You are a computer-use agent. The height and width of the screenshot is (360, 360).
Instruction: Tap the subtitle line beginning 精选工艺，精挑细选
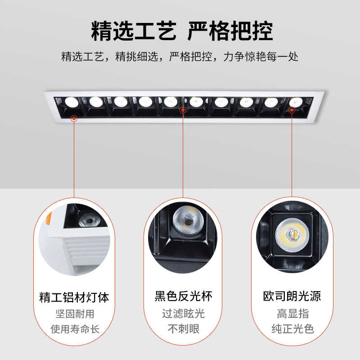(x=180, y=57)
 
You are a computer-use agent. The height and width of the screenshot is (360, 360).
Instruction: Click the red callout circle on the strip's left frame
(x=74, y=118)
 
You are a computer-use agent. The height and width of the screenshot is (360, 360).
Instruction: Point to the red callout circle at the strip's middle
(x=183, y=110)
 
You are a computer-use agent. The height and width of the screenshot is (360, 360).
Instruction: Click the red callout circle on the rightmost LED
(x=291, y=109)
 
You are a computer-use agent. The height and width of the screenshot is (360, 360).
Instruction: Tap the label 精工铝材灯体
(x=74, y=297)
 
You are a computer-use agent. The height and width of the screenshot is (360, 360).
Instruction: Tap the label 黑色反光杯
(x=183, y=296)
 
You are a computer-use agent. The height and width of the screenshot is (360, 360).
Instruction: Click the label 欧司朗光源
(x=292, y=296)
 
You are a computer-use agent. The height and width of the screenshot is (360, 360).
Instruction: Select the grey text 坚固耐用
(x=74, y=314)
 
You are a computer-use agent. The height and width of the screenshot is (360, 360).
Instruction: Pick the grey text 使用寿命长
(x=74, y=329)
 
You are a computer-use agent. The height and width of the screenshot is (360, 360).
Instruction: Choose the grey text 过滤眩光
(x=183, y=314)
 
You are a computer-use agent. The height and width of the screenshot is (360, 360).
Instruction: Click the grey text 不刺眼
(x=183, y=329)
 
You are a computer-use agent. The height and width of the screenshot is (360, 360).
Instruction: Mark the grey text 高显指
(x=292, y=314)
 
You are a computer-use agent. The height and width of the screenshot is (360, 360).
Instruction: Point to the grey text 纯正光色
(x=292, y=329)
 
